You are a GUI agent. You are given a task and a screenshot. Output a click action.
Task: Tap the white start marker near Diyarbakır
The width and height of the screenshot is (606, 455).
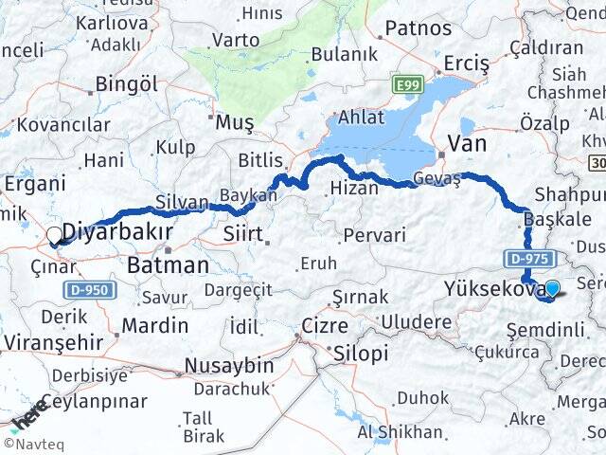[x=55, y=235]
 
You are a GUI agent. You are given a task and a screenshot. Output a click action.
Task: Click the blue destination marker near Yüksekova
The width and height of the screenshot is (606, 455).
[x=551, y=289]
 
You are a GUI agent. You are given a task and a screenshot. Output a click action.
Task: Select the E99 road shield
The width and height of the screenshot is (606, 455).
[x=408, y=85]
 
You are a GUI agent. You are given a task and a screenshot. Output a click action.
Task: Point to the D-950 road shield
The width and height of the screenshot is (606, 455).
[x=90, y=289]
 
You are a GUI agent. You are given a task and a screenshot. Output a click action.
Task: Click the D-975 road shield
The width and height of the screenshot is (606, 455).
[x=526, y=257]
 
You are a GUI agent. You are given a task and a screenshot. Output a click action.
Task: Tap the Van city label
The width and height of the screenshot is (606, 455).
[x=467, y=142]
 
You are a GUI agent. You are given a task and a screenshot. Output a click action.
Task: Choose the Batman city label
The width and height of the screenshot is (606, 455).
[x=168, y=265]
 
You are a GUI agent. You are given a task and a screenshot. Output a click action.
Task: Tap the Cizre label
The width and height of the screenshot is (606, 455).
[x=325, y=325]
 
